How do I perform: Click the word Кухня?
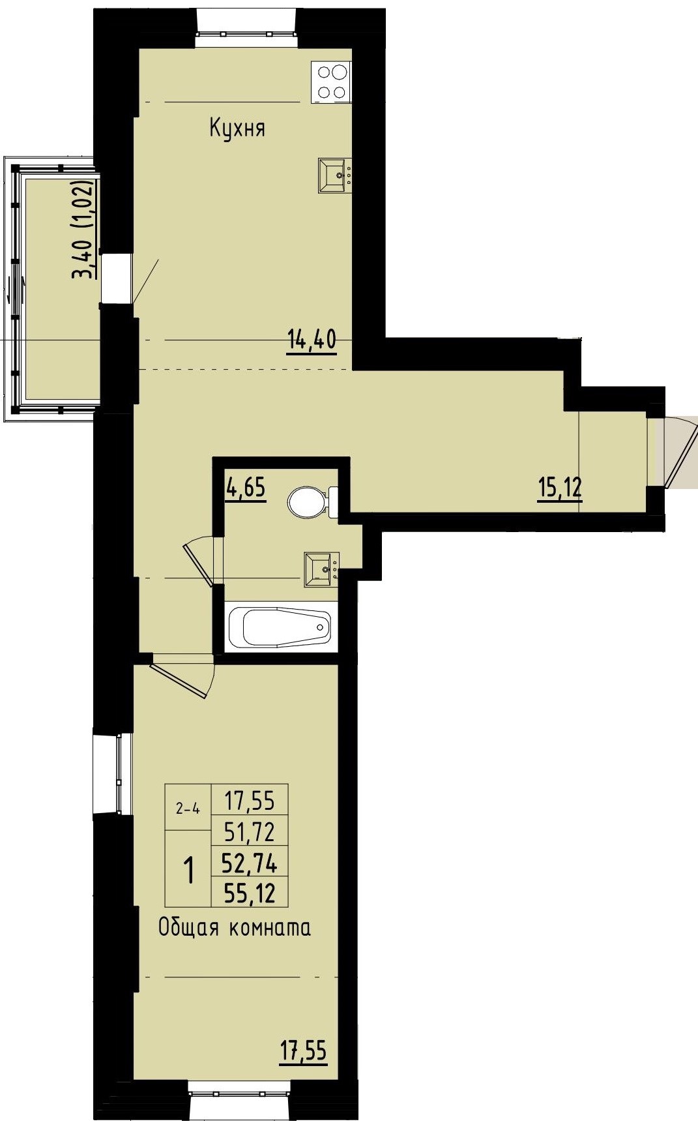(x=237, y=128)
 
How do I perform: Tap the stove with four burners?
(x=330, y=82)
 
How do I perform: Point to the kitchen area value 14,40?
(x=312, y=340)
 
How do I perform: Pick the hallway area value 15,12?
(x=560, y=488)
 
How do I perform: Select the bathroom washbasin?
(x=321, y=569)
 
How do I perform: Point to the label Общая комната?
(x=235, y=927)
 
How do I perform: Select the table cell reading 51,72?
(x=250, y=831)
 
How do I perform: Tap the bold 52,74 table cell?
(x=250, y=863)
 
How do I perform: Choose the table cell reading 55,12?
(x=250, y=892)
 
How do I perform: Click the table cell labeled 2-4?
(x=188, y=809)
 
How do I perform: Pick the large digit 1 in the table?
(x=189, y=870)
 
